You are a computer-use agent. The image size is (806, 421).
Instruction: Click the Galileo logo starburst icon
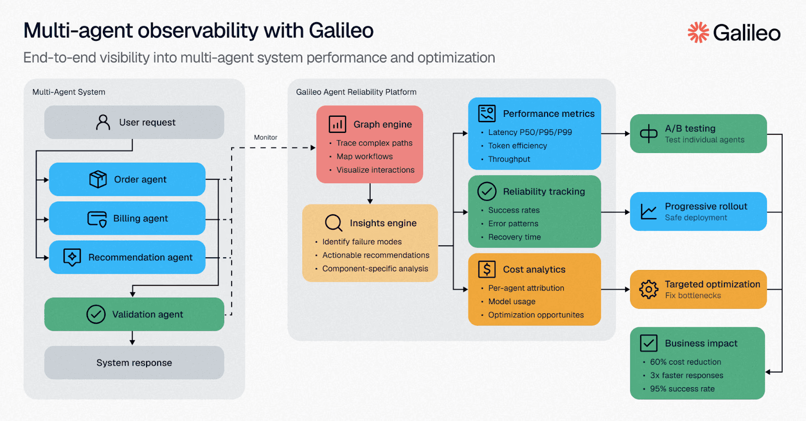698,32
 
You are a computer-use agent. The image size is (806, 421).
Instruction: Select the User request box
134,122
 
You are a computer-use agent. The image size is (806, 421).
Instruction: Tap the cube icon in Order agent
98,179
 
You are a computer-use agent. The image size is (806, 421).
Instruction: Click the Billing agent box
127,219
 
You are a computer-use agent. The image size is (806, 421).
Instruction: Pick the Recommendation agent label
140,257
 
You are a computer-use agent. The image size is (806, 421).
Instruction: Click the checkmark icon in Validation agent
96,314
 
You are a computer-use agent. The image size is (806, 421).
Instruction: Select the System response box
134,363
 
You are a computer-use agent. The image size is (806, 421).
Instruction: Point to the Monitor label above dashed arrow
265,137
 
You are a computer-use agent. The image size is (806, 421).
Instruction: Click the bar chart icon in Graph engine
337,124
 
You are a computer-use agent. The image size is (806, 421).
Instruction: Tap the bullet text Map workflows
364,157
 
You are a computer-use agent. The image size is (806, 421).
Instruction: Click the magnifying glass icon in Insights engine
333,223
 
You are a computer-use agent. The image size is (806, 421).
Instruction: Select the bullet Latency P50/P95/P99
530,132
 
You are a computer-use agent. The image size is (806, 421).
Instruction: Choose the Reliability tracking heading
544,191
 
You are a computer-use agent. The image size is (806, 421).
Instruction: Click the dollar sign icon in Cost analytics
487,269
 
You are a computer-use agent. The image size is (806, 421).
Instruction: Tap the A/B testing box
698,133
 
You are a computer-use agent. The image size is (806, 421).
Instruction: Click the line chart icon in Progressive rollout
648,212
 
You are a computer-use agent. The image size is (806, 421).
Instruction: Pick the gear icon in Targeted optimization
648,290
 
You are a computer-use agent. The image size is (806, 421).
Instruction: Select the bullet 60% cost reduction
685,362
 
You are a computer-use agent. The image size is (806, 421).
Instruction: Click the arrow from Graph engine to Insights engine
370,194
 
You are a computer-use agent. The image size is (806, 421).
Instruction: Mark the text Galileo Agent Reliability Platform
356,92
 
